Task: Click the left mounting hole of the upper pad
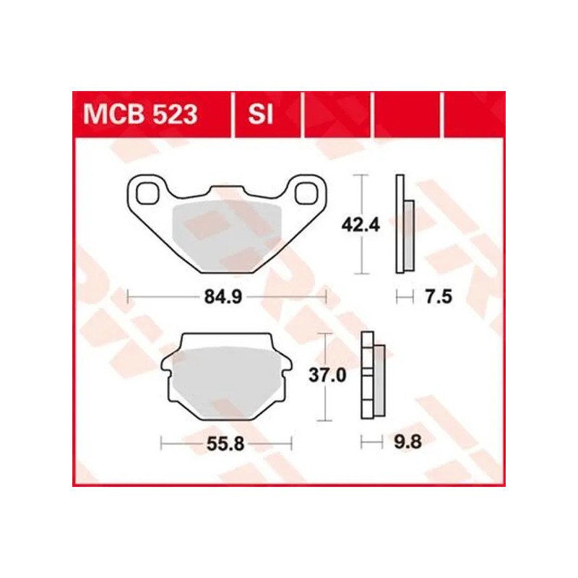148,191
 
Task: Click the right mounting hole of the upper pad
306,191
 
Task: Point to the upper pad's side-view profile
403,225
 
